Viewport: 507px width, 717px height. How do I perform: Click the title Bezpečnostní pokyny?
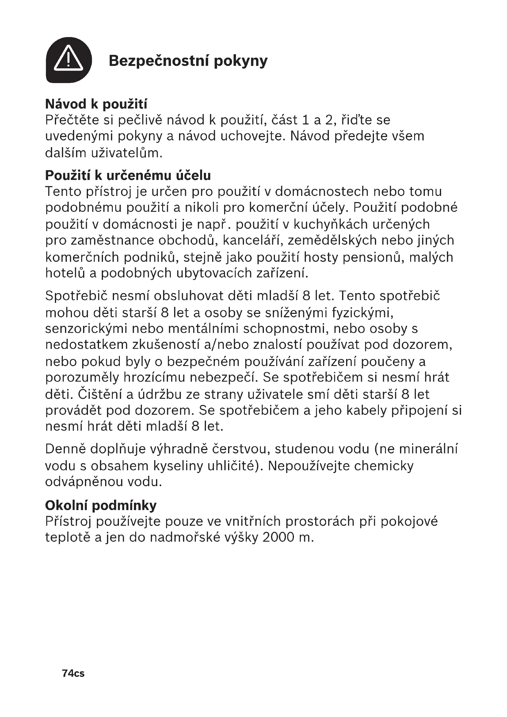(188, 61)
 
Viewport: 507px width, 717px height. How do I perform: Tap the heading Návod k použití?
(96, 104)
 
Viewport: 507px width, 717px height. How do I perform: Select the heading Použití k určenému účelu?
(128, 176)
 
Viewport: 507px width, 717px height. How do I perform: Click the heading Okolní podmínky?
(101, 505)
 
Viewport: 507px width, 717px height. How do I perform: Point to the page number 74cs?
(73, 673)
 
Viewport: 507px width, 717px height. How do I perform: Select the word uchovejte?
(253, 136)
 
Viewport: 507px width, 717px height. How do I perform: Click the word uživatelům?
(127, 153)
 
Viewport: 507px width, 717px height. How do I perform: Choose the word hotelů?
(65, 273)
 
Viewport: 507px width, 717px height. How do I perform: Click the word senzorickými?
(86, 329)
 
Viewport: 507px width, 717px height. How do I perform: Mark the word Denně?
(65, 449)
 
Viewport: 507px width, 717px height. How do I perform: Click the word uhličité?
(232, 466)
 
